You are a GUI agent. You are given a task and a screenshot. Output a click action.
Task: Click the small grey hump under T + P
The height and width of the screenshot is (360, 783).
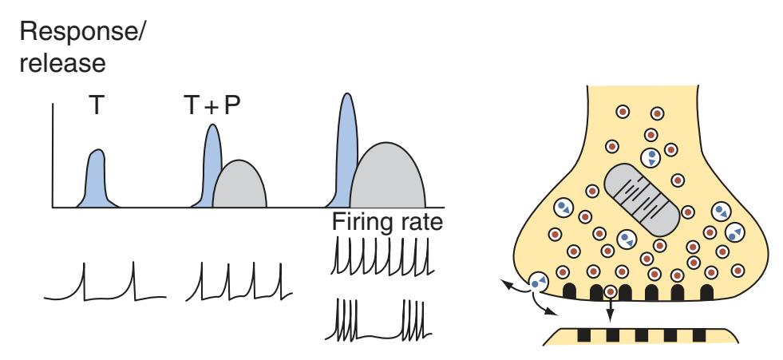(240, 185)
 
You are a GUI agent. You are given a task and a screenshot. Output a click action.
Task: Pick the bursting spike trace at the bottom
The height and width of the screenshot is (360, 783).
(382, 319)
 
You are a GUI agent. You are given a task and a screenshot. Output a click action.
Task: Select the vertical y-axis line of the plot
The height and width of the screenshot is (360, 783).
(53, 156)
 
